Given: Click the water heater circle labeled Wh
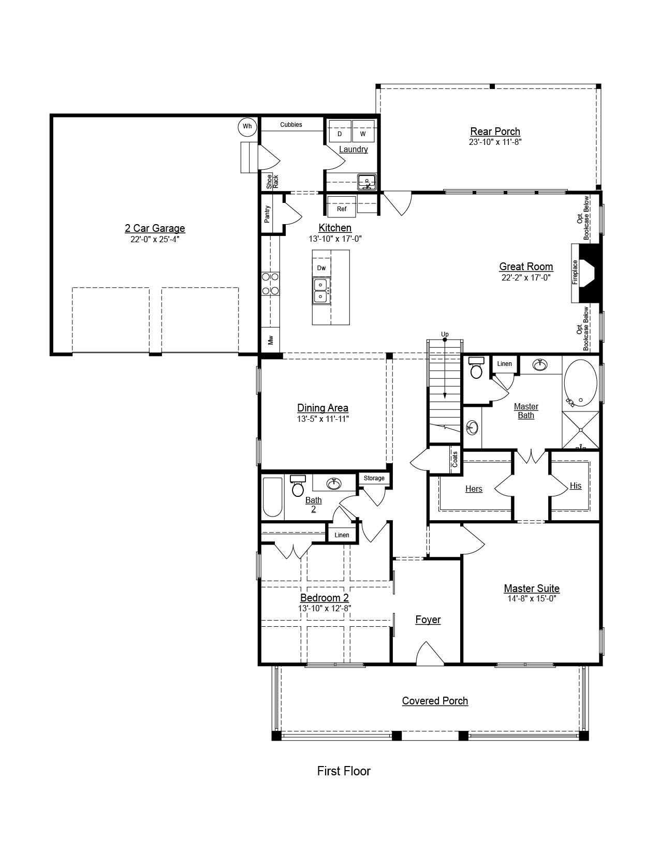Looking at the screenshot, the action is [247, 126].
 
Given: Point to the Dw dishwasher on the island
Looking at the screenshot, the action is [321, 268].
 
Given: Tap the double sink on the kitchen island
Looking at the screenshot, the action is [321, 291].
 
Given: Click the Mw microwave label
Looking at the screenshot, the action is [270, 340].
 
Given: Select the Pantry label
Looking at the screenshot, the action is [267, 214].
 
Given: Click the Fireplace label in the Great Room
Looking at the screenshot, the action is [575, 272].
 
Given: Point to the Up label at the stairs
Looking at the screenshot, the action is [445, 334].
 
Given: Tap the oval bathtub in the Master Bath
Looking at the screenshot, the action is [581, 383].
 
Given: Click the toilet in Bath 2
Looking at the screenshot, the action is [298, 486].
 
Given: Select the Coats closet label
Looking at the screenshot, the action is [455, 459].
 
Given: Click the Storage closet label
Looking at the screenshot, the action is [374, 478].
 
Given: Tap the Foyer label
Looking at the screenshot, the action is [428, 620].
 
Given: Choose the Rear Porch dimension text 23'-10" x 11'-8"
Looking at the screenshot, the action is [495, 142].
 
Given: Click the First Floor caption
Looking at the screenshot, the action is [344, 771].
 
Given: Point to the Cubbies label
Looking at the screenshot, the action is [291, 125].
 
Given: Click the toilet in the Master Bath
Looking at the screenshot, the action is [476, 368].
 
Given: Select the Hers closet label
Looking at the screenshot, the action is [474, 489].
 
